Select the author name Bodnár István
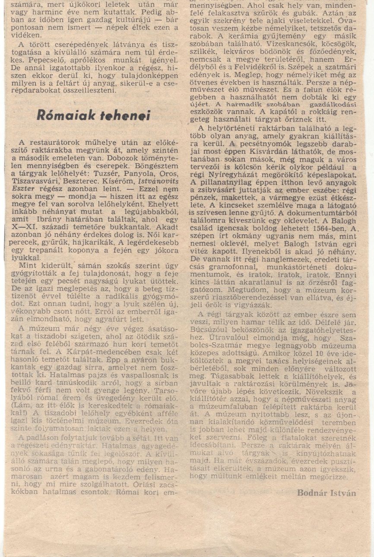click(326, 493)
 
